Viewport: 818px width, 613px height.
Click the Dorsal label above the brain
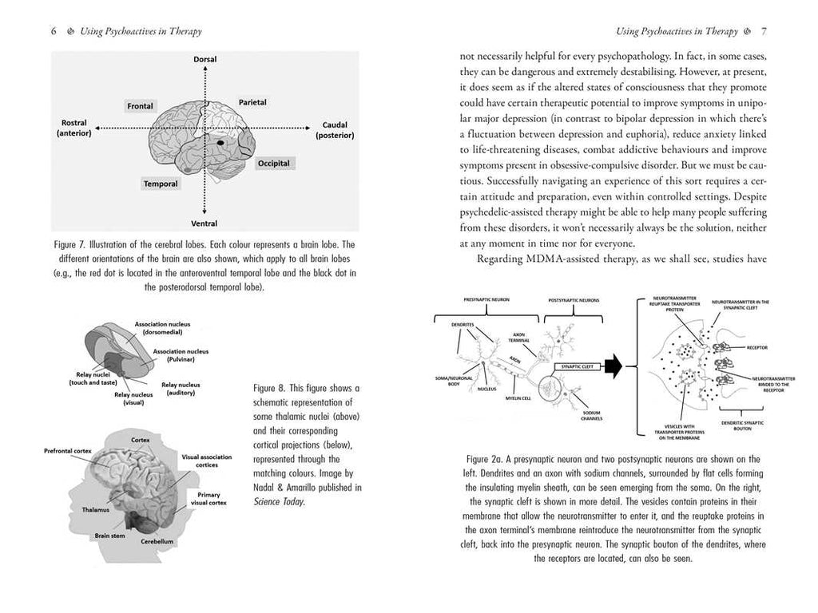pyautogui.click(x=204, y=60)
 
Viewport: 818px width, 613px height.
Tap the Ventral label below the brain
pyautogui.click(x=204, y=223)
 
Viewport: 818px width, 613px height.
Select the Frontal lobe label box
pyautogui.click(x=140, y=105)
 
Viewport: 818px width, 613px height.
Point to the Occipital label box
pyautogui.click(x=273, y=163)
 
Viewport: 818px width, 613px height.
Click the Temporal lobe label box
pyautogui.click(x=160, y=183)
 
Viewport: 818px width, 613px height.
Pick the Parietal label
pyautogui.click(x=252, y=102)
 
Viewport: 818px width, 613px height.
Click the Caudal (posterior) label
pyautogui.click(x=335, y=130)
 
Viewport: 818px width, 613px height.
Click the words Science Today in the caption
pyautogui.click(x=279, y=502)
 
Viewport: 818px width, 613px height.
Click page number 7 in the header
pyautogui.click(x=764, y=32)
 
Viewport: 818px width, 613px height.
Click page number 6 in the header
pyautogui.click(x=53, y=32)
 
